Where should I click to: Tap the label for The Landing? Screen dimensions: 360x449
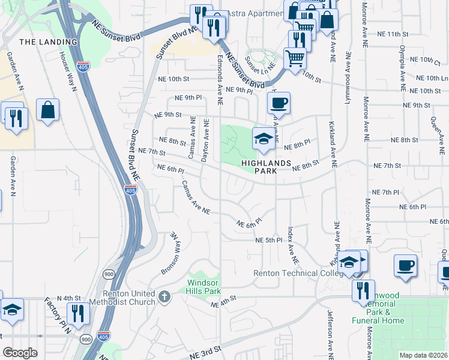point(48,42)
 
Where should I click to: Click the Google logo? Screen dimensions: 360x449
point(19,353)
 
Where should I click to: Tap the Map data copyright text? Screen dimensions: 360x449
point(424,355)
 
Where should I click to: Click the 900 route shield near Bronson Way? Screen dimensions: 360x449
point(108,274)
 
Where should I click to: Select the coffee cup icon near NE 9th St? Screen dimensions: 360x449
point(279,103)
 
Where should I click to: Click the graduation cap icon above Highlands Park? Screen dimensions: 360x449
point(262,139)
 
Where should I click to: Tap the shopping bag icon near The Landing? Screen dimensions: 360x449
point(47,110)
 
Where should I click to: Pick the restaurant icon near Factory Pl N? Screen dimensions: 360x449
point(78,313)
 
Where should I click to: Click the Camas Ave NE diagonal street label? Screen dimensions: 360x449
point(196,198)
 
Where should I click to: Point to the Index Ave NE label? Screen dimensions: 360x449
point(292,245)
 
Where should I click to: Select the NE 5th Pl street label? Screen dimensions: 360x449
point(268,240)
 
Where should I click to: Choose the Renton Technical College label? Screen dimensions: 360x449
point(294,273)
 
